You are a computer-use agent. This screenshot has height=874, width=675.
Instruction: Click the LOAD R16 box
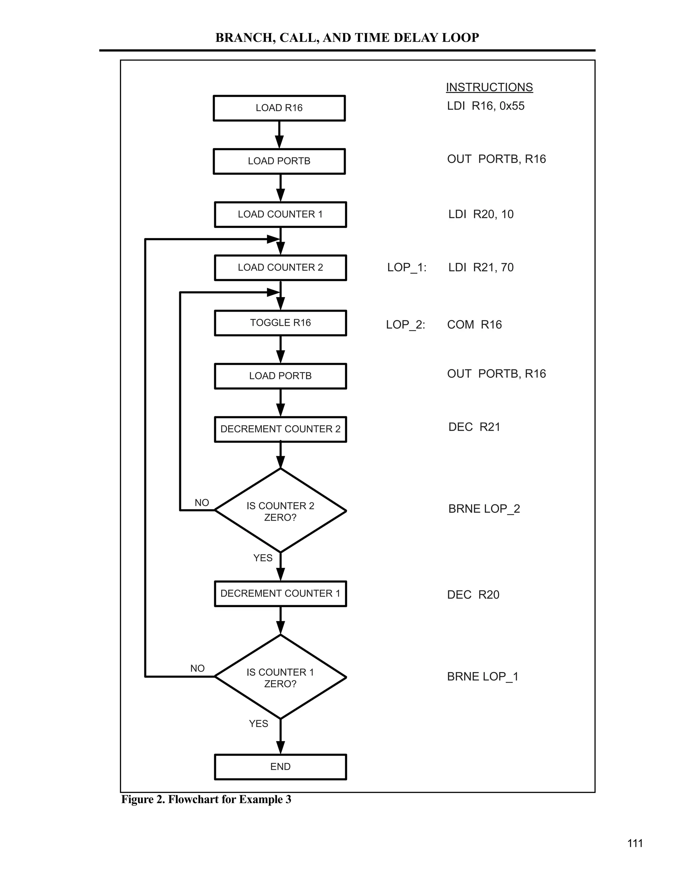click(279, 108)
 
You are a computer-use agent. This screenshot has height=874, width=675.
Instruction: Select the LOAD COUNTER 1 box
click(280, 214)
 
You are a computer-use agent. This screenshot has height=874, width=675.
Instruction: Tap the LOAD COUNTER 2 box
click(280, 268)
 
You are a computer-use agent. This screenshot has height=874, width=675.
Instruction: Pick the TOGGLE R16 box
click(280, 323)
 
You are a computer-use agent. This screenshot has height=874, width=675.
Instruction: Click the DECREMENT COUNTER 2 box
click(280, 429)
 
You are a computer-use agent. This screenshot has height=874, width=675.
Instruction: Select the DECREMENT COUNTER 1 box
click(280, 593)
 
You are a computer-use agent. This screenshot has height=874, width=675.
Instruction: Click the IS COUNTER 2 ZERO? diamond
click(280, 511)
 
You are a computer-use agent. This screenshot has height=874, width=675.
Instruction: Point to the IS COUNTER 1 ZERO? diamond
click(280, 677)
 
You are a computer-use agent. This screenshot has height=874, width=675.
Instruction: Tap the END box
click(280, 767)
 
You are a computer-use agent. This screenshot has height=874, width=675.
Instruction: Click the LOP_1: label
click(407, 267)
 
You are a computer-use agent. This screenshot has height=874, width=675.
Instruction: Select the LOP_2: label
click(405, 325)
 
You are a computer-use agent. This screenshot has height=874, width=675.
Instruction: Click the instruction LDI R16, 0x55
click(485, 106)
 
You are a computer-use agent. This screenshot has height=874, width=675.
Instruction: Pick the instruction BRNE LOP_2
click(484, 509)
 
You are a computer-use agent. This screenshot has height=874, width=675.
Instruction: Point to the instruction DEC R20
click(473, 595)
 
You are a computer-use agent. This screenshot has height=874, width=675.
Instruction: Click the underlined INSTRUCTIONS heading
click(489, 87)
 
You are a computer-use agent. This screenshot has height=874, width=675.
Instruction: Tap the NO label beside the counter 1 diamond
click(197, 668)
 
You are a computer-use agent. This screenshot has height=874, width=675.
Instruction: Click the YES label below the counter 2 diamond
click(263, 558)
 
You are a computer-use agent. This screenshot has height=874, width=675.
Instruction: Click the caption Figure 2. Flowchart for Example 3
click(206, 799)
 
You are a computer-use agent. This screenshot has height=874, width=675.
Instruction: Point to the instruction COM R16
click(474, 325)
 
